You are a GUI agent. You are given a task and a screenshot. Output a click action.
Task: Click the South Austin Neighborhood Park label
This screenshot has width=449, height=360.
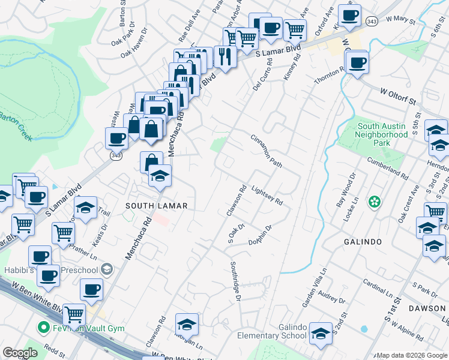(382, 135)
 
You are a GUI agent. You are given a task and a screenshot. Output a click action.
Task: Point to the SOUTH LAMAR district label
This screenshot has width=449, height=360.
(156, 206)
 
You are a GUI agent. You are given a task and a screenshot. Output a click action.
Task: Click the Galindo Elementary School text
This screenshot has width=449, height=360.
(272, 331)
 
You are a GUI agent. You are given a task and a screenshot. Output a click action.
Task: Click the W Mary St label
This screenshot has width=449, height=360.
(401, 20)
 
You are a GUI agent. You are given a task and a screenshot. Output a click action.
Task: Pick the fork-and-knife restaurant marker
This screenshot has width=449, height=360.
(225, 56)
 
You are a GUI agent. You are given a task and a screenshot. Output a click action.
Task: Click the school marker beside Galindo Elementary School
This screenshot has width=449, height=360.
(321, 334)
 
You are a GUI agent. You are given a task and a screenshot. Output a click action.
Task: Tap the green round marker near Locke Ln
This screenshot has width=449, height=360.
(375, 202)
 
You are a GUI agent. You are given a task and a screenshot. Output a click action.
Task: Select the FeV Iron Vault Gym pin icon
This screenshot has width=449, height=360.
(43, 328)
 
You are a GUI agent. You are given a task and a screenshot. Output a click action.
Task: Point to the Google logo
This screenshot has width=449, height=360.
(19, 353)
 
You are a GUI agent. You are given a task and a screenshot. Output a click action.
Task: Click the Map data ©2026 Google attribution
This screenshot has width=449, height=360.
(411, 355)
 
